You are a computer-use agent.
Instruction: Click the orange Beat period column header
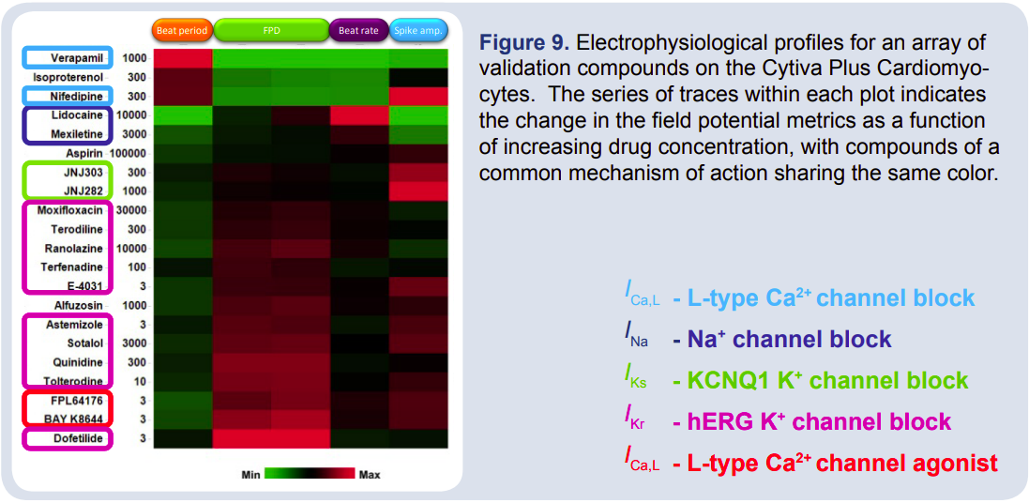pos(182,30)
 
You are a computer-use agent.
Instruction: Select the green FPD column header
pos(271,30)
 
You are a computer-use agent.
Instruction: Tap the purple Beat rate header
pos(359,30)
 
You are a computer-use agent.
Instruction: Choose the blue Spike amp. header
pos(418,30)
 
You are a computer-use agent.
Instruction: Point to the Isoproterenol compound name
pos(68,77)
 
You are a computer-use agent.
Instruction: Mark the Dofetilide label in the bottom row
pos(76,438)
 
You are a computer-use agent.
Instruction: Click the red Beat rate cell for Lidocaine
pos(359,114)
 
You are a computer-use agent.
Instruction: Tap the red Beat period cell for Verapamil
pos(183,58)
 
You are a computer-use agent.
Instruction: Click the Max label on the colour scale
pos(370,474)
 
